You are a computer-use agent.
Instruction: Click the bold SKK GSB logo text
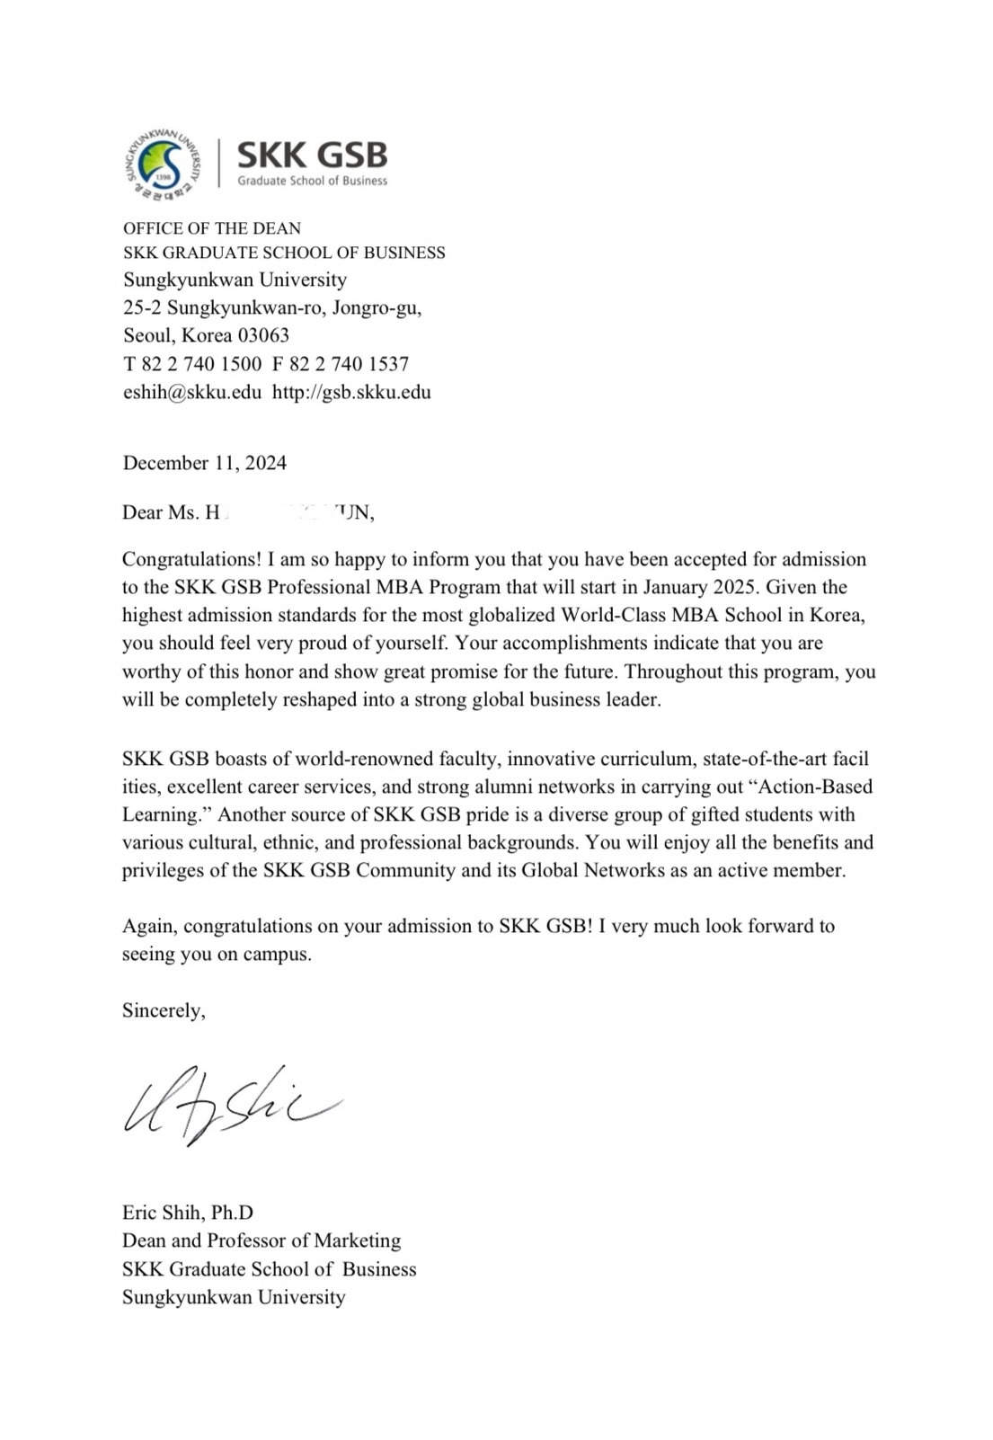pyautogui.click(x=312, y=156)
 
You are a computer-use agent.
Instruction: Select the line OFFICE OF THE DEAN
pyautogui.click(x=212, y=228)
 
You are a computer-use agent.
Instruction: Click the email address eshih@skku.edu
pyautogui.click(x=192, y=392)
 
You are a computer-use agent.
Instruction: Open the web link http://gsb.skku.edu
pyautogui.click(x=351, y=392)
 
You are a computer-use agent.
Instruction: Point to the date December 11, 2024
pyautogui.click(x=205, y=463)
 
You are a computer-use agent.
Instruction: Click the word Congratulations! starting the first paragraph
pyautogui.click(x=192, y=559)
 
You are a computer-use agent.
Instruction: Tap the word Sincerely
pyautogui.click(x=164, y=1010)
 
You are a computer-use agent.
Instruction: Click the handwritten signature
pyautogui.click(x=229, y=1105)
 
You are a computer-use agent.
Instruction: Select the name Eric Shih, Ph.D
pyautogui.click(x=188, y=1212)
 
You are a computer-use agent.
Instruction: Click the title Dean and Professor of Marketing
pyautogui.click(x=262, y=1240)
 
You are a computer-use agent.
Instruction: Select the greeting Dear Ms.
pyautogui.click(x=155, y=512)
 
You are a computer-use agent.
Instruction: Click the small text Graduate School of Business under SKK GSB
pyautogui.click(x=312, y=181)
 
